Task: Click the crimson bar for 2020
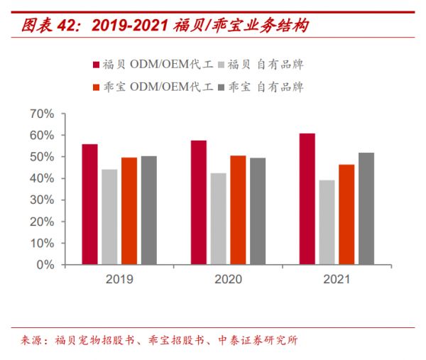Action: pyautogui.click(x=199, y=202)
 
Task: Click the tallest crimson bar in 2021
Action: pyautogui.click(x=307, y=199)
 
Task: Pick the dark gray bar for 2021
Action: pyautogui.click(x=366, y=209)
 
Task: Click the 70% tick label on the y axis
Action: pyautogui.click(x=42, y=114)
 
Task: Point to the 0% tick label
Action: pyautogui.click(x=45, y=265)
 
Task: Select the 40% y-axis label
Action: pyautogui.click(x=42, y=178)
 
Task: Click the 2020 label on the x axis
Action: pyautogui.click(x=228, y=279)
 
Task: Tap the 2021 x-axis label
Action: pyautogui.click(x=337, y=279)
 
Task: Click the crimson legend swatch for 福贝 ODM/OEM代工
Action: pyautogui.click(x=97, y=65)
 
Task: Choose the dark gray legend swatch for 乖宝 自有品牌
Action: pyautogui.click(x=221, y=87)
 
